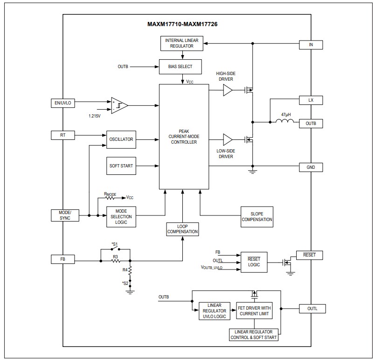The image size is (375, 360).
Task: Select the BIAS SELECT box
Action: click(182, 67)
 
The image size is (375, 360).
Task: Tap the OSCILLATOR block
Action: click(121, 139)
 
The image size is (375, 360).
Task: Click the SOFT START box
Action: click(121, 166)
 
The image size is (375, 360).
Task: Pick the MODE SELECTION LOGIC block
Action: click(121, 216)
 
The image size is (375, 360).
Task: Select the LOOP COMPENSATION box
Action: click(183, 228)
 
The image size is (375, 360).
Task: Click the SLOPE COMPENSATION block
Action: click(257, 217)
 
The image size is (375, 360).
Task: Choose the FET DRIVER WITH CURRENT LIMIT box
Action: click(254, 311)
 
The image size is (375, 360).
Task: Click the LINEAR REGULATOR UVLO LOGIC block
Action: click(215, 311)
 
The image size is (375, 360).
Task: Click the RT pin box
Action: click(62, 135)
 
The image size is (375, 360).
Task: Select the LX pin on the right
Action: click(311, 100)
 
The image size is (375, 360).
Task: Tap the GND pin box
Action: click(311, 167)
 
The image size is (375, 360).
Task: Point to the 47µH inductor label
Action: click(286, 114)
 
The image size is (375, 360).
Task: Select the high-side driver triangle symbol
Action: click(227, 90)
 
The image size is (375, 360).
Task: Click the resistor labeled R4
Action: click(130, 271)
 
